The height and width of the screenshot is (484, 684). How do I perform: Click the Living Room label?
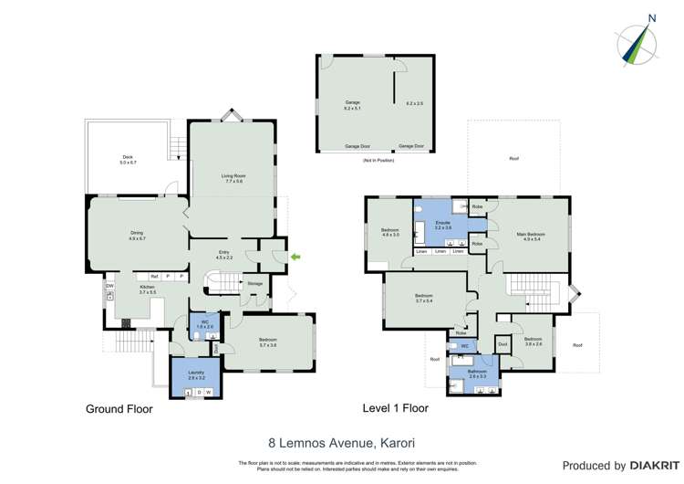coord(232,177)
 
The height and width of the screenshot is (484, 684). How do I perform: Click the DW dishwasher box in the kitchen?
coord(109,287)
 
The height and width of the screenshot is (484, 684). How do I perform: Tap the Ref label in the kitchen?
coord(154,276)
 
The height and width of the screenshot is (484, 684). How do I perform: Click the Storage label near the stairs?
coord(255,284)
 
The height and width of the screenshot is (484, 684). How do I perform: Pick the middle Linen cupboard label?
coord(440,251)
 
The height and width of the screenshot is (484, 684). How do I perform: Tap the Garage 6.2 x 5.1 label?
coord(352,105)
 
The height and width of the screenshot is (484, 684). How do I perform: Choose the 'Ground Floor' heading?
coord(119,409)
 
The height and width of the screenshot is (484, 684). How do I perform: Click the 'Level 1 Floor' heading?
coord(395,408)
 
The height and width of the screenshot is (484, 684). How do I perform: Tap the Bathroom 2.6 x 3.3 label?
coord(477,374)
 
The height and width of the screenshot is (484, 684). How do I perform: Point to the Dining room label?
coord(137,235)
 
